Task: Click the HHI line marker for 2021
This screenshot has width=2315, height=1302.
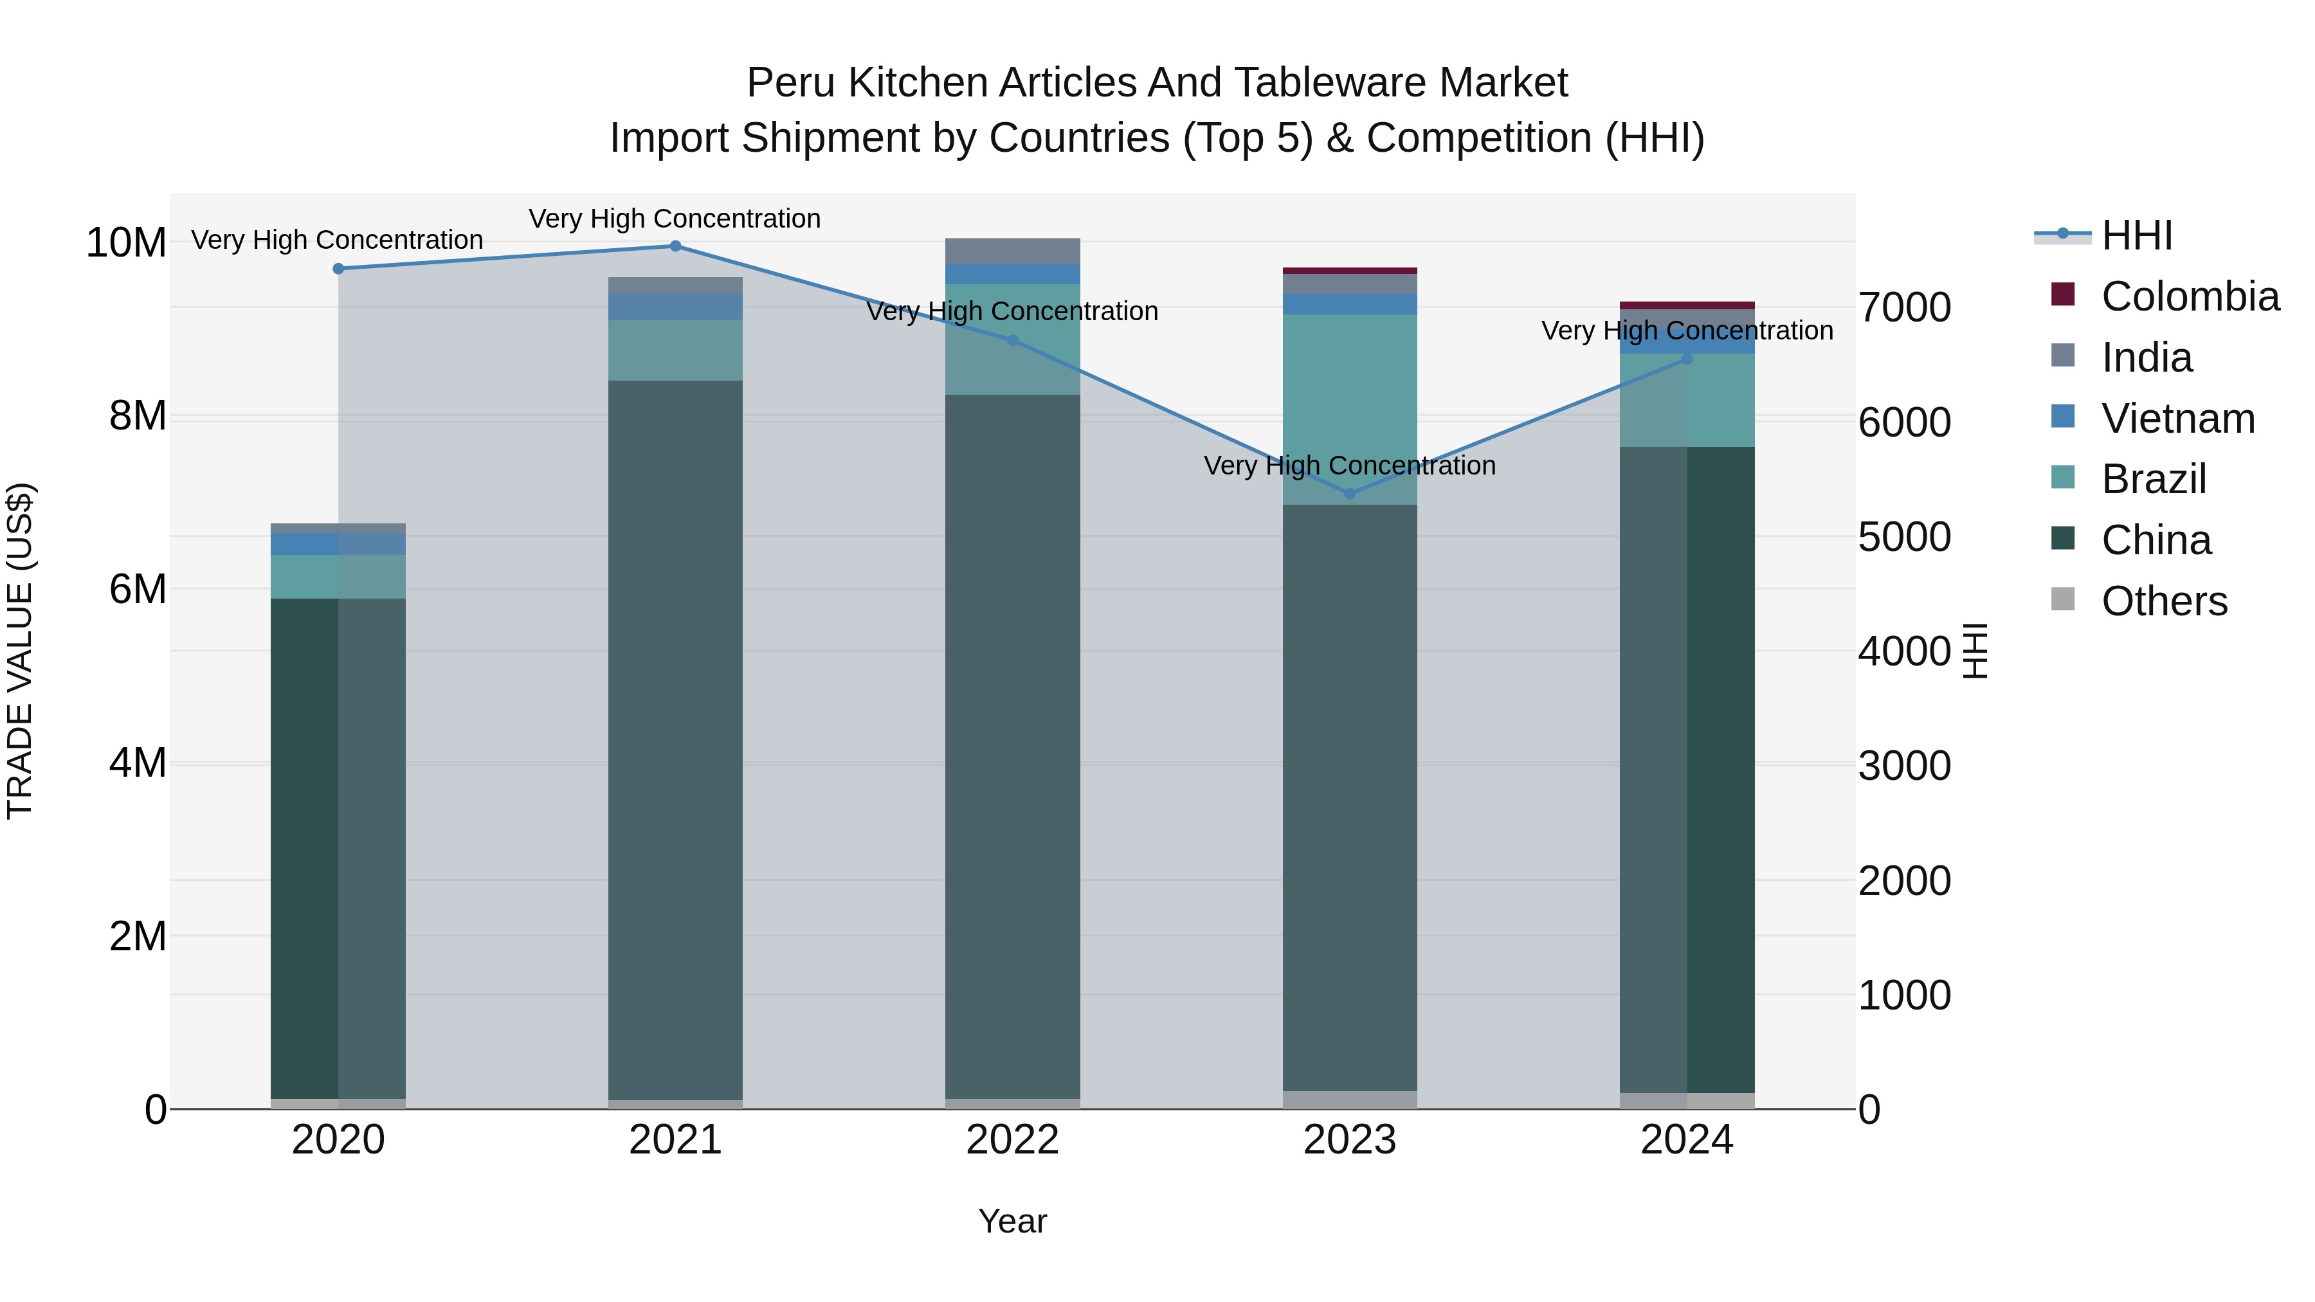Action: [x=676, y=246]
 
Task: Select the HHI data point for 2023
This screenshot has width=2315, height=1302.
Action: [x=1350, y=493]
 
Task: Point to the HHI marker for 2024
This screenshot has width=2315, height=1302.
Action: [x=1687, y=359]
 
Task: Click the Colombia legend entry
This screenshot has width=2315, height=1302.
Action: [x=2189, y=296]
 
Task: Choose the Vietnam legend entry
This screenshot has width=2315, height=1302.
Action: [x=2177, y=419]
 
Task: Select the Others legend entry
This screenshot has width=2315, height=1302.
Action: [x=2164, y=601]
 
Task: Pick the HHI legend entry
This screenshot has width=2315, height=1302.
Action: [x=2136, y=235]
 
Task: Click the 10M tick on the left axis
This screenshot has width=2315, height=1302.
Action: [x=126, y=242]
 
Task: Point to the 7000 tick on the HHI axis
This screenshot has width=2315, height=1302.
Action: [x=1904, y=307]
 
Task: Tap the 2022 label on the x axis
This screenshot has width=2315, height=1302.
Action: [x=1013, y=1140]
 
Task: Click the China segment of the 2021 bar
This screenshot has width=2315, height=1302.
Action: [x=676, y=737]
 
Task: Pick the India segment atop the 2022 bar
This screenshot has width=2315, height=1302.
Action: [x=1013, y=251]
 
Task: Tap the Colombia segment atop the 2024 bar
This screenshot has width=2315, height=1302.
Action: [x=1687, y=305]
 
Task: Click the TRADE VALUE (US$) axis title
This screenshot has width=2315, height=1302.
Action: [x=20, y=651]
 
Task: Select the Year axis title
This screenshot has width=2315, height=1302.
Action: [x=1013, y=1221]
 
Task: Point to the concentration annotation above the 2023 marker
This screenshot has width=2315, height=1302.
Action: [x=1350, y=466]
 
